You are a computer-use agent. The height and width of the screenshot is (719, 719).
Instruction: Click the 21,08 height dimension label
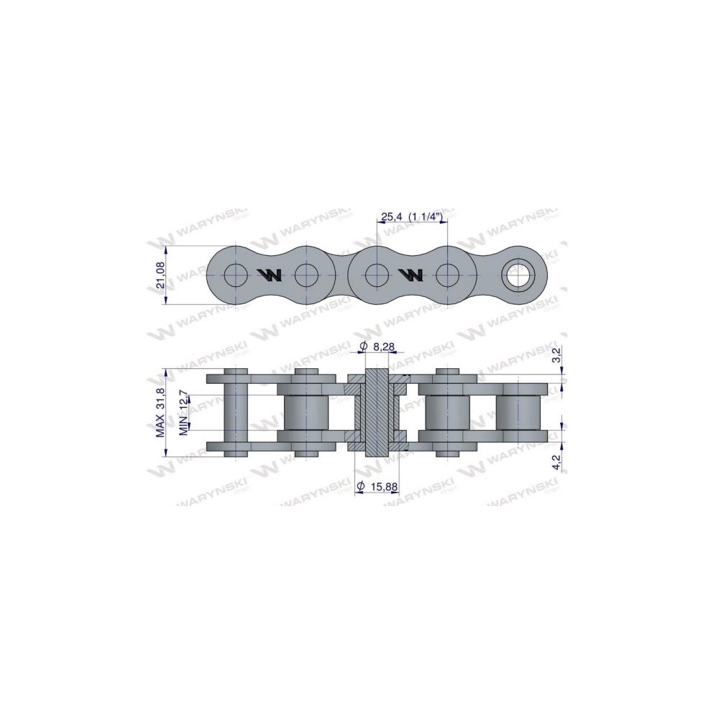point(160,274)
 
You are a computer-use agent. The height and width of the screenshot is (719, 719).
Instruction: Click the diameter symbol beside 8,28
point(363,347)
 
